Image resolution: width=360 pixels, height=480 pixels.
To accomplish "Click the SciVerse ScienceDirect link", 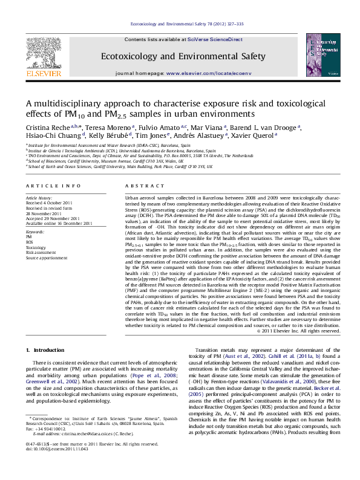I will tap(223, 39).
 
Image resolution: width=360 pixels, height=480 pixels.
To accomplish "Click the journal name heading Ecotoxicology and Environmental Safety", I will tap(183, 56).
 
